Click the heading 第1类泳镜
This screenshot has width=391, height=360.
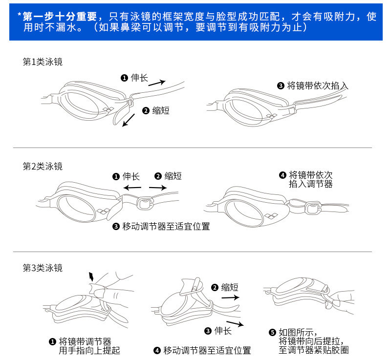click(43, 62)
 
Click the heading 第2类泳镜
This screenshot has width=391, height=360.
click(43, 166)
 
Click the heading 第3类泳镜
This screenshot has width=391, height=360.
click(43, 268)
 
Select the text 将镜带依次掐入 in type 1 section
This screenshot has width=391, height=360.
click(318, 86)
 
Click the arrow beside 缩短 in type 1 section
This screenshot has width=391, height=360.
click(129, 120)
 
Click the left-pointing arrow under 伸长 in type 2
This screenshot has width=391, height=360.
click(132, 187)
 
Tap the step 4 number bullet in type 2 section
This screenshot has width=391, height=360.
click(282, 175)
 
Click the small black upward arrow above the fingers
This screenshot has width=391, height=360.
click(90, 277)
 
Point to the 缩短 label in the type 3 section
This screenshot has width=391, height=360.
click(230, 287)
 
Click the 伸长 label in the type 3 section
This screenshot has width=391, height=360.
click(223, 331)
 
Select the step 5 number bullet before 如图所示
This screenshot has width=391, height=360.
click(273, 333)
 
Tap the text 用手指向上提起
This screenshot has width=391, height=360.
click(89, 350)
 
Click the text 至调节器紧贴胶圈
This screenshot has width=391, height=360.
click(314, 350)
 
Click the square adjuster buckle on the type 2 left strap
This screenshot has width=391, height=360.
click(144, 202)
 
